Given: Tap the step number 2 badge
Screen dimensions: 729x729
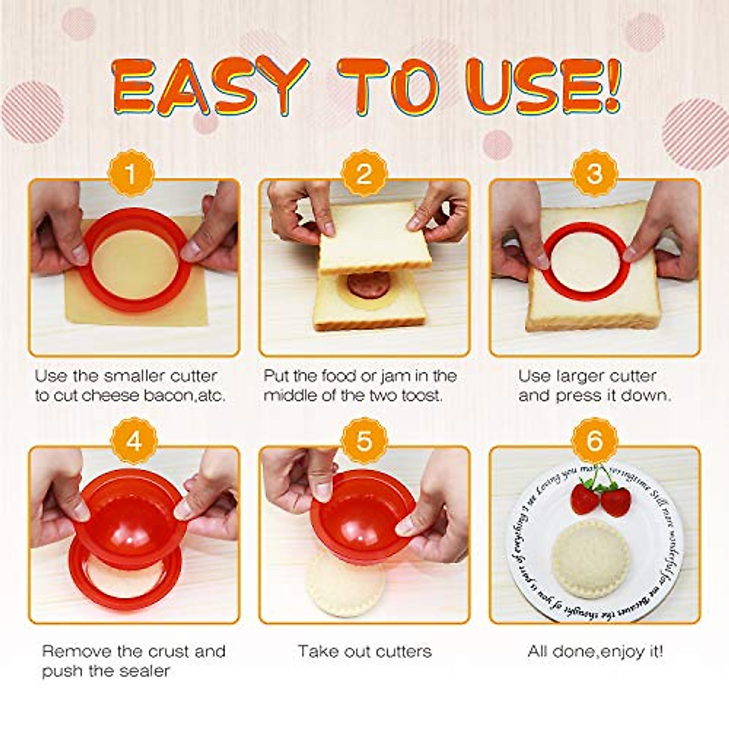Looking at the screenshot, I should (x=364, y=174).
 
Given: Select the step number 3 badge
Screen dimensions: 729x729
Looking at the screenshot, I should (x=594, y=174).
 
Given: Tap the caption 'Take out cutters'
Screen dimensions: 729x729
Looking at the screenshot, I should (x=364, y=652).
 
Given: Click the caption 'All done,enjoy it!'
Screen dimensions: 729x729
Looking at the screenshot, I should (x=595, y=652).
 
